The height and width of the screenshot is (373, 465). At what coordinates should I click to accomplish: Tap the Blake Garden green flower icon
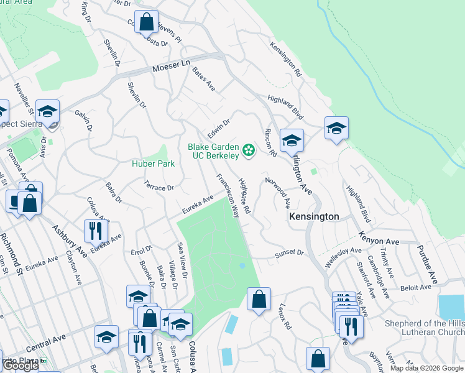249,150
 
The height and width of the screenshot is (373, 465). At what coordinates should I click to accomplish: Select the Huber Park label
153,163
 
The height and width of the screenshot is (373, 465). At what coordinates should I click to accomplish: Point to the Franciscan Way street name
228,195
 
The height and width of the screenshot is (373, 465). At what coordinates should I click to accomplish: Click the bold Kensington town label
314,217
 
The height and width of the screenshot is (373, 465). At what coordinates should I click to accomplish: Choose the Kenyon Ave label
378,237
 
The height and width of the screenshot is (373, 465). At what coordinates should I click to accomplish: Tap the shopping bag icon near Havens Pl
146,22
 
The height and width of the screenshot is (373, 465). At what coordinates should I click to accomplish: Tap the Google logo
20,366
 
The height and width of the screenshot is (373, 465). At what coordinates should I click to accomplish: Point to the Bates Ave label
203,79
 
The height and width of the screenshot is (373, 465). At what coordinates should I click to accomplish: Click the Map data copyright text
426,368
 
